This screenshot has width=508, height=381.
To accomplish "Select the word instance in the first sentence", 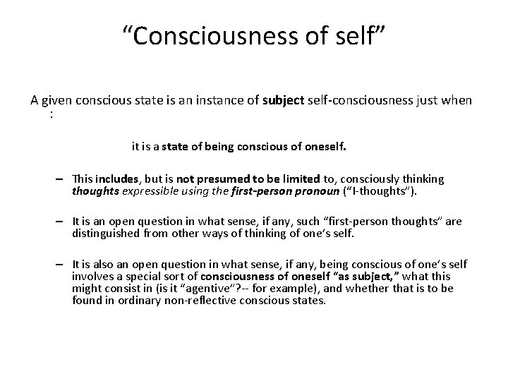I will click(x=199, y=100).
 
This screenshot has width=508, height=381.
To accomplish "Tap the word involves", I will click(x=91, y=277).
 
